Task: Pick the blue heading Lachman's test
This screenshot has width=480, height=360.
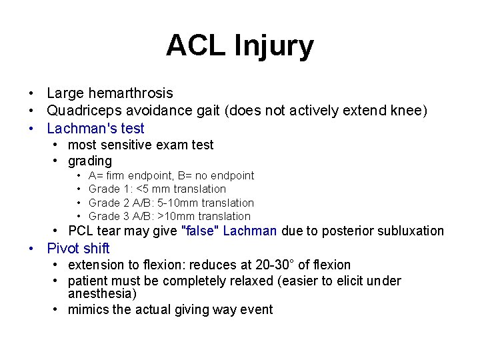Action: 95,128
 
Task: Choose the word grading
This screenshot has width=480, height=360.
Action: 90,161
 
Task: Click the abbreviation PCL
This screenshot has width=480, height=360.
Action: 81,231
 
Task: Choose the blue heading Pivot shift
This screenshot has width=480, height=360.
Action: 78,249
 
